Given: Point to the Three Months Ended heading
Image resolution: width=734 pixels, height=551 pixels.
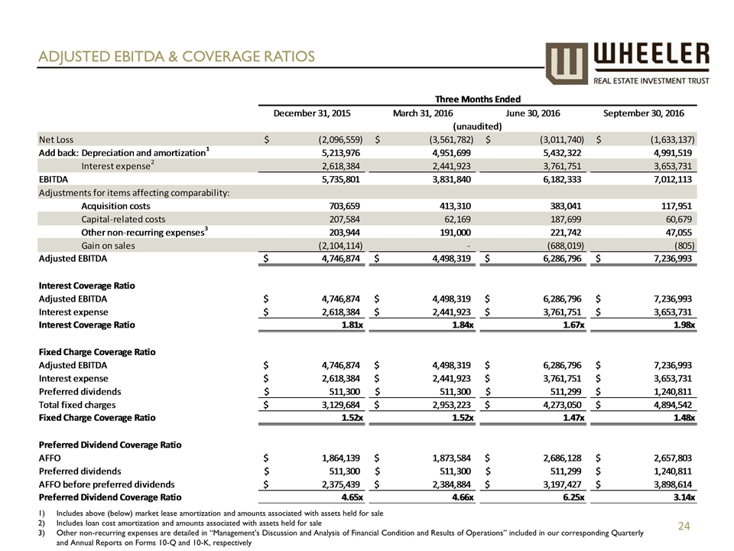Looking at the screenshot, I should click(x=477, y=98).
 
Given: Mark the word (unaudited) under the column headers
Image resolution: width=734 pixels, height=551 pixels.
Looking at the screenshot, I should click(x=477, y=126).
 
